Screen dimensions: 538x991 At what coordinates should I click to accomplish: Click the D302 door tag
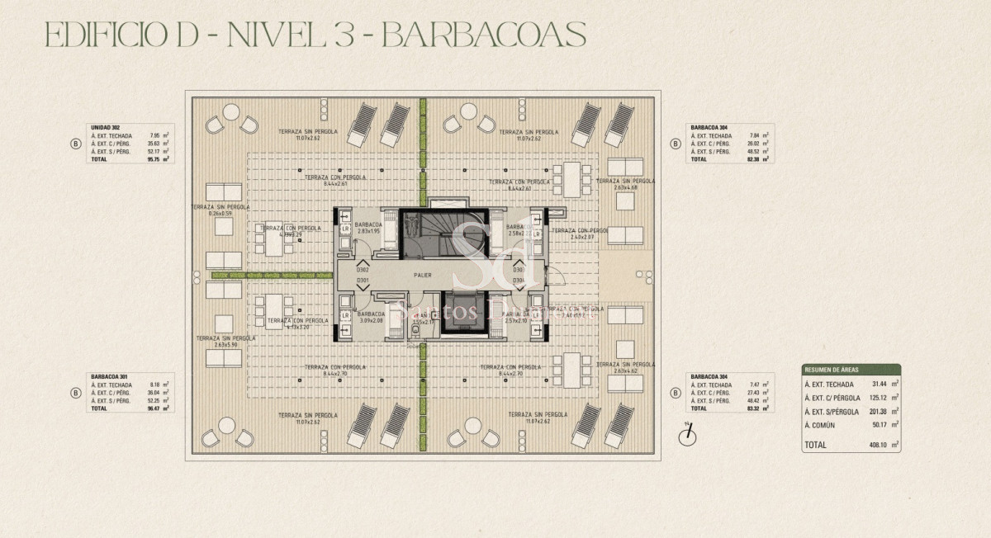(363, 270)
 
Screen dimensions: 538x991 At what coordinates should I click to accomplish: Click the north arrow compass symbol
(685, 436)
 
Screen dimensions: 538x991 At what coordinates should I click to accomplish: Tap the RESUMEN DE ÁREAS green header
(850, 370)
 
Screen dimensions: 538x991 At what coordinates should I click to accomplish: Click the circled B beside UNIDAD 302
(76, 144)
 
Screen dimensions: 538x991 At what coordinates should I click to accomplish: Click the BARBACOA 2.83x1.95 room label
(367, 228)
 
